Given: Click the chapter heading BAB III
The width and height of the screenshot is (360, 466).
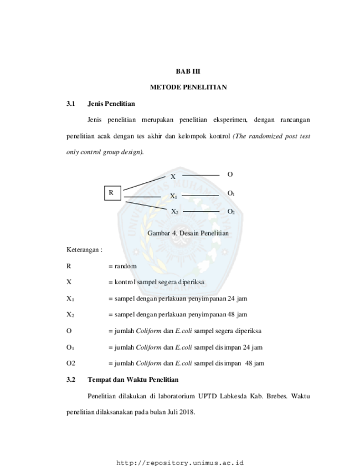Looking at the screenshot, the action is (188, 71).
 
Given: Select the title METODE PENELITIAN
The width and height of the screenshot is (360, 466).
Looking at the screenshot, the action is (188, 88).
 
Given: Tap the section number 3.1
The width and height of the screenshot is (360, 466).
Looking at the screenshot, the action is (71, 104).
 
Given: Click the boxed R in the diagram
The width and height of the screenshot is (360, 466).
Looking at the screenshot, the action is (112, 193).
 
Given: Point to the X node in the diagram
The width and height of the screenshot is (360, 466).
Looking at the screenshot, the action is (173, 177).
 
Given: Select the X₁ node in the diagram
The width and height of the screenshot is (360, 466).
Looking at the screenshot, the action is (173, 196).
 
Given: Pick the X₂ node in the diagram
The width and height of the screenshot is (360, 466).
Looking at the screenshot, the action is (174, 212).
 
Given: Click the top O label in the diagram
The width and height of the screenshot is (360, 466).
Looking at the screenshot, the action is (230, 175).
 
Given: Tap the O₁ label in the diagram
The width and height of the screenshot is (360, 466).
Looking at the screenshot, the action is (231, 193).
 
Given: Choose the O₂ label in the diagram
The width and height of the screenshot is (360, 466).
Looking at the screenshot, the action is (231, 212).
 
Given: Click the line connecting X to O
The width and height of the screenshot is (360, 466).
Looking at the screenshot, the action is (201, 176).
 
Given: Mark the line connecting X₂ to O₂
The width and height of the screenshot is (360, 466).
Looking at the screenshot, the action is (202, 211).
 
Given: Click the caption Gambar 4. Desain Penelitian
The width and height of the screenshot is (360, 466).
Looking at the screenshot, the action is (188, 233).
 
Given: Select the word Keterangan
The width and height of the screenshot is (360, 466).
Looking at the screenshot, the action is (83, 250).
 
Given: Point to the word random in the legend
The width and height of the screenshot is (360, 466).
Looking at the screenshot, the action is (126, 266).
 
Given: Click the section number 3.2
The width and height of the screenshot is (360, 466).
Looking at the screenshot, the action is (71, 380).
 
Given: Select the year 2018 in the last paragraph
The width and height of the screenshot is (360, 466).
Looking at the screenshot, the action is (187, 412).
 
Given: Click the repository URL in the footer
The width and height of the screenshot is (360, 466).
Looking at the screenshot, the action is (180, 463).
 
